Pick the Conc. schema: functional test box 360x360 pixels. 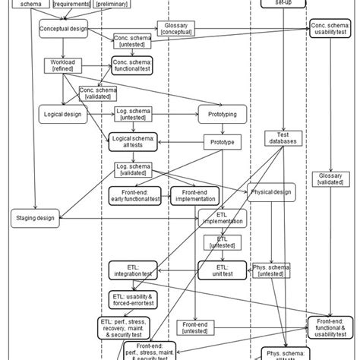pyautogui.click(x=133, y=66)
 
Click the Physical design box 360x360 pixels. pyautogui.click(x=270, y=193)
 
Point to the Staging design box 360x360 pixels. pyautogui.click(x=36, y=218)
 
